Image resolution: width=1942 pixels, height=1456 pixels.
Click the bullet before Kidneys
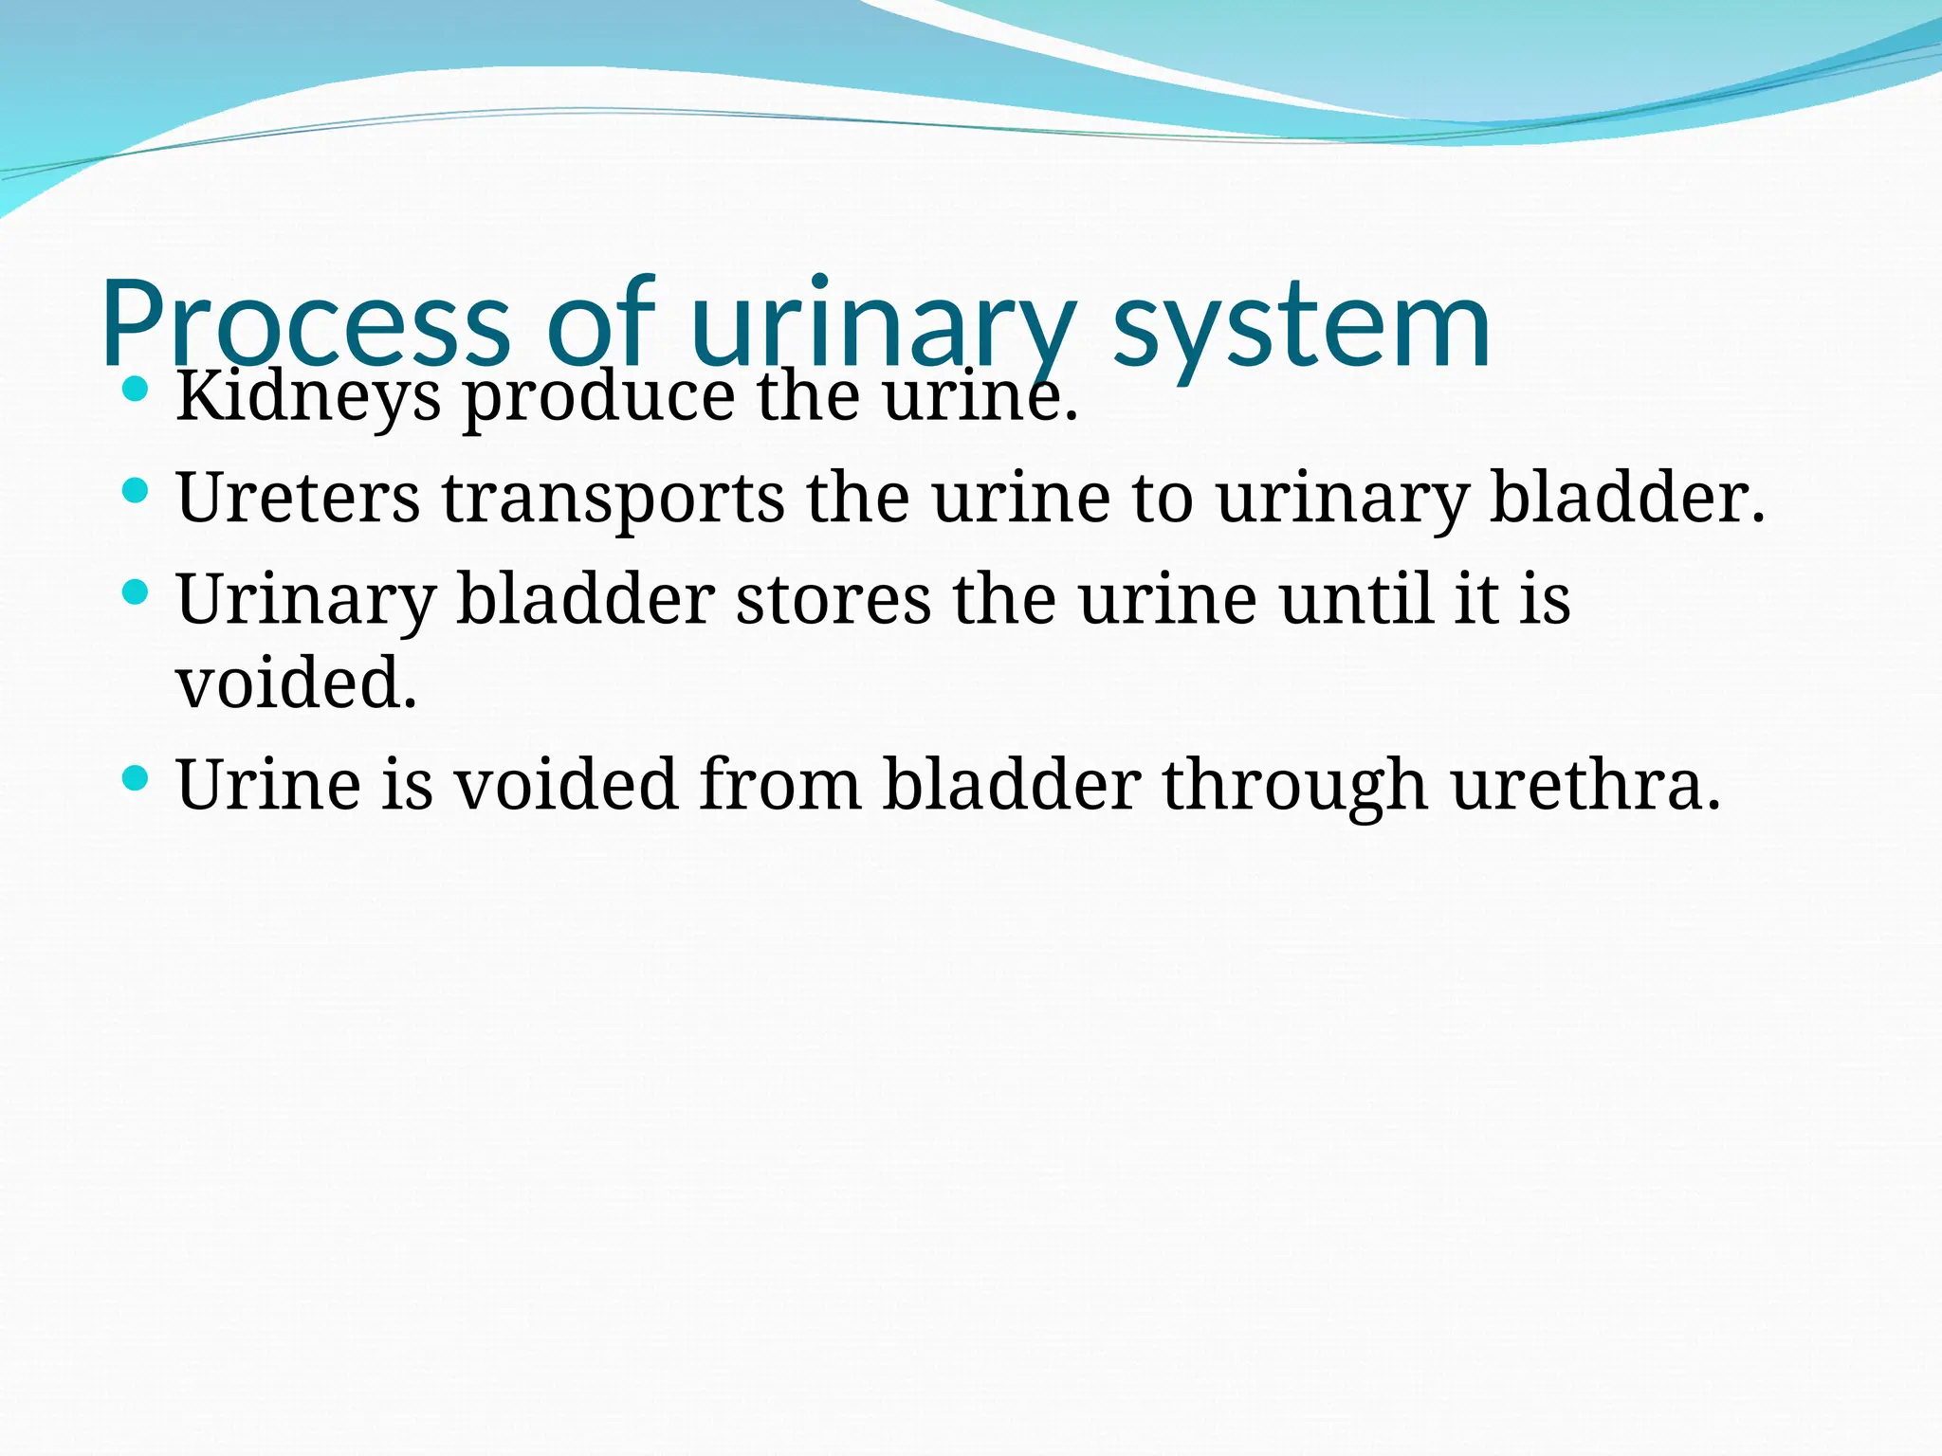[137, 389]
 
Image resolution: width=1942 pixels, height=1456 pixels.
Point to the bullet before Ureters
[137, 490]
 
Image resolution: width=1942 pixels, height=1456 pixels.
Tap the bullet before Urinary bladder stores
[137, 592]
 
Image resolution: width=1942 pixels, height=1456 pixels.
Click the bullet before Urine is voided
[137, 778]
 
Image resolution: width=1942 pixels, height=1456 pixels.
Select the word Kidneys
[308, 396]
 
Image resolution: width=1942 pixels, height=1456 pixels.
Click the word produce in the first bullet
[598, 396]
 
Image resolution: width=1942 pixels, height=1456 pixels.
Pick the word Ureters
[298, 498]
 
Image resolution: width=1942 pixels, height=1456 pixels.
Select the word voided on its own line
[296, 682]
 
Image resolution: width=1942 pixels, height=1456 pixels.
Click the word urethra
[1585, 785]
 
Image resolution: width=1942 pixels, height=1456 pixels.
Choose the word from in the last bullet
[780, 785]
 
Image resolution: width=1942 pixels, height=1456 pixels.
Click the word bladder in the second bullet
[1626, 497]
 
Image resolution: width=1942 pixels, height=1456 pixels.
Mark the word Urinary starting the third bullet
[305, 601]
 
